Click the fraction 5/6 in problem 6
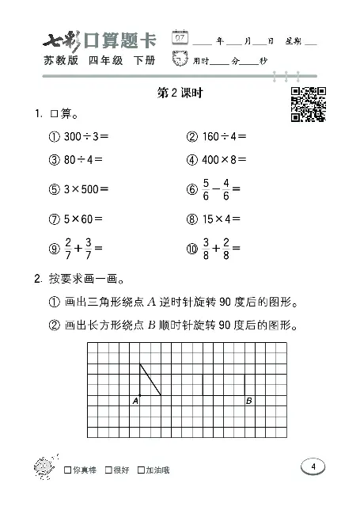pos(203,189)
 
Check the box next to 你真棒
pos(67,470)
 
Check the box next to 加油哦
pos(140,470)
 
